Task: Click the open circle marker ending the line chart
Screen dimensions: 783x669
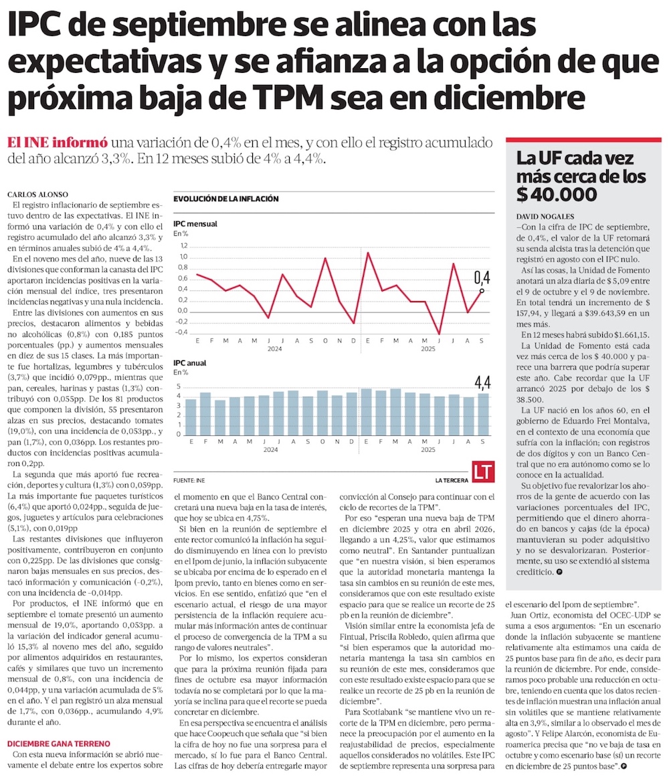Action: (482, 290)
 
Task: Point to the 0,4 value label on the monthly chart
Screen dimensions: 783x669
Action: (482, 276)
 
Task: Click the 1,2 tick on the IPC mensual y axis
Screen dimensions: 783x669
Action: (183, 246)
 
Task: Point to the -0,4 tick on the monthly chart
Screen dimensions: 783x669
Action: (182, 333)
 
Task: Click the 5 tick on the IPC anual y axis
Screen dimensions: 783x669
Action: (179, 387)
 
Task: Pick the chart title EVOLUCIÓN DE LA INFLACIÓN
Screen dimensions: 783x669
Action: (225, 199)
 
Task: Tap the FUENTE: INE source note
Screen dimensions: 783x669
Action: (189, 480)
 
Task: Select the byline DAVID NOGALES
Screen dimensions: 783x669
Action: (544, 217)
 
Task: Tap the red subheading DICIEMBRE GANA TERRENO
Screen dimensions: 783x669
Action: (60, 744)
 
